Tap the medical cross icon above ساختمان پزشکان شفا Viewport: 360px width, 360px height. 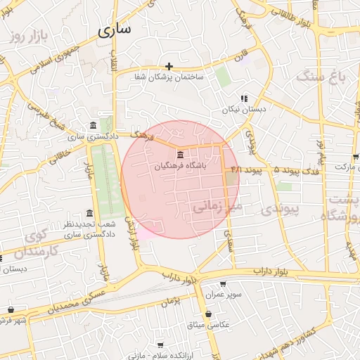click(169, 66)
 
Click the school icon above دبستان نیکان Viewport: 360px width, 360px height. click(244, 99)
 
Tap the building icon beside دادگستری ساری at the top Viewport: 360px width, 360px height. click(94, 126)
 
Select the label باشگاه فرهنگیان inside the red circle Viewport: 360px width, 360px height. click(181, 166)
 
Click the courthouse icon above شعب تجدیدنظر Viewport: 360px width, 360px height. click(89, 214)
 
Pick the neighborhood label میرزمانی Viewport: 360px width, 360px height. click(217, 206)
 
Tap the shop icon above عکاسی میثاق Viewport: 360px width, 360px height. click(207, 314)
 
